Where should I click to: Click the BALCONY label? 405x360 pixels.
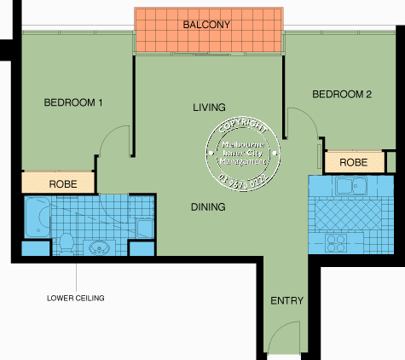click(x=207, y=26)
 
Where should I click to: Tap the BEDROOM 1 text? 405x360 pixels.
click(x=73, y=103)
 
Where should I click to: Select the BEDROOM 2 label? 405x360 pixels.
click(x=342, y=95)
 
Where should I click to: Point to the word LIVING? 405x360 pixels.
click(x=209, y=107)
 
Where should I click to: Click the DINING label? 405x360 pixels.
click(x=208, y=206)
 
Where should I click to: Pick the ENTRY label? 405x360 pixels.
click(x=286, y=301)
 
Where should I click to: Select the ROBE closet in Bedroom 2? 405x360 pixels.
click(x=353, y=162)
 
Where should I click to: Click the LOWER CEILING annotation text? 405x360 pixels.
click(x=75, y=299)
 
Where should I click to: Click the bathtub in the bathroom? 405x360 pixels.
click(x=38, y=218)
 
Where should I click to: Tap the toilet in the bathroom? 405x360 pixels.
click(x=64, y=243)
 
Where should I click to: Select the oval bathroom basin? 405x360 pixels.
click(x=100, y=249)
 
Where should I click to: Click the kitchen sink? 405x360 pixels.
click(x=350, y=186)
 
